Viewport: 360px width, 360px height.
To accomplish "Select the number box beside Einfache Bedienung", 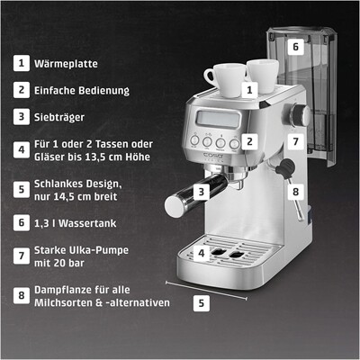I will coord(20,90).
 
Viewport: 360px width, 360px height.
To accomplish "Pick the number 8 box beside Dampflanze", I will coord(20,295).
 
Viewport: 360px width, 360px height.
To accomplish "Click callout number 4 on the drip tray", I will coord(202,255).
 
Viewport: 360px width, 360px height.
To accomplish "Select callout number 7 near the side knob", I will coord(294,142).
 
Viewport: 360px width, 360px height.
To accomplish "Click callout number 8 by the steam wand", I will coord(293,191).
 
